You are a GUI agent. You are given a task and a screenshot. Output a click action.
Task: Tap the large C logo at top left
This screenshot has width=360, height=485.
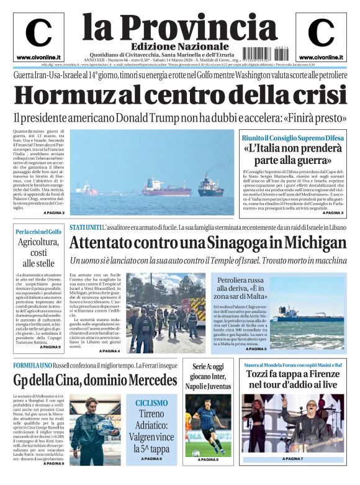pyautogui.click(x=38, y=33)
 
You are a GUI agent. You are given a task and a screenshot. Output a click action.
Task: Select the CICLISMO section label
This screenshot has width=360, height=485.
pyautogui.click(x=151, y=403)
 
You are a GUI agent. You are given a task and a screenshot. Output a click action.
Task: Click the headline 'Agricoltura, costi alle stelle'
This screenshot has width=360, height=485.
pyautogui.click(x=38, y=253)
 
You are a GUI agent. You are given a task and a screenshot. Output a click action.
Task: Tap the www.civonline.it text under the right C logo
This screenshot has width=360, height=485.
pyautogui.click(x=321, y=57)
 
